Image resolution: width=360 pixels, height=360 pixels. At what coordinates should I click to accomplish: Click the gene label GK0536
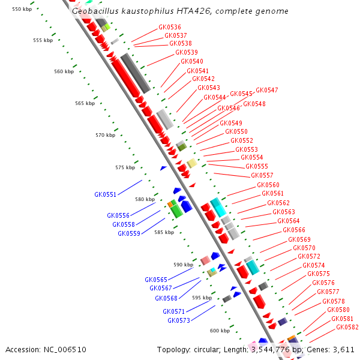170,27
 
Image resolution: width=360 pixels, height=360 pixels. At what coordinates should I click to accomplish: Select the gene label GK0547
267,90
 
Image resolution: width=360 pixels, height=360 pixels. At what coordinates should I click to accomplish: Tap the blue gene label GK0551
106,194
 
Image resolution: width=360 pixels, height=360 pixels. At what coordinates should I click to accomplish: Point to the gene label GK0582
347,327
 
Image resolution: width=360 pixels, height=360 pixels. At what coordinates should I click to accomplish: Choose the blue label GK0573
179,320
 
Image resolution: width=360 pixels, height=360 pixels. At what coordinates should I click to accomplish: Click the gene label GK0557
262,175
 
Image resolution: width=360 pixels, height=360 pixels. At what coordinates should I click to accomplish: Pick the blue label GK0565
156,280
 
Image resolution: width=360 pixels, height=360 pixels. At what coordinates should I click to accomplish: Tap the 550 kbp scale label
21,9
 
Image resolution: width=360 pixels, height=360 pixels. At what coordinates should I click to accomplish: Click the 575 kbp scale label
125,167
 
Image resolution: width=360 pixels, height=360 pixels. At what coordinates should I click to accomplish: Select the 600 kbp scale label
220,331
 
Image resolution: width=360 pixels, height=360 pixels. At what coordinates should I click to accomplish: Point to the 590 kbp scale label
184,265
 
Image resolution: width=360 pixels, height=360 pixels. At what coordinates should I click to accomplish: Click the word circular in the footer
208,349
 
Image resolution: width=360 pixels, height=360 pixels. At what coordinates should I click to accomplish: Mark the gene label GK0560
268,185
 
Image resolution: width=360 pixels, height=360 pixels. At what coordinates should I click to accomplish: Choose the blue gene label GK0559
129,233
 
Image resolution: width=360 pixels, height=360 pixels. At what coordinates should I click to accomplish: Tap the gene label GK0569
299,239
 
